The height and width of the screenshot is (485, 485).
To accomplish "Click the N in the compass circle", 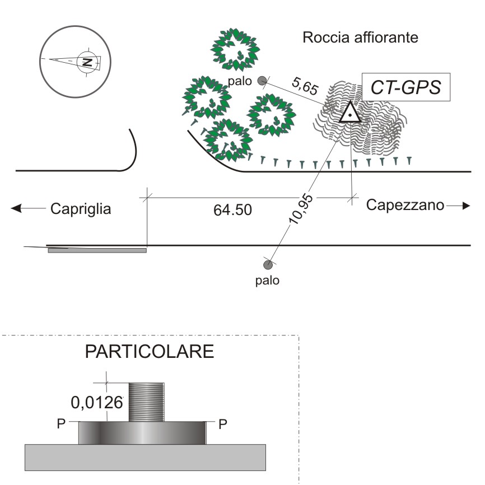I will pyautogui.click(x=86, y=61).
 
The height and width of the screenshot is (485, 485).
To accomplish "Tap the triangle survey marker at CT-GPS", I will pyautogui.click(x=350, y=113).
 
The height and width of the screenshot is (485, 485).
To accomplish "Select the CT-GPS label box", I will pyautogui.click(x=406, y=87).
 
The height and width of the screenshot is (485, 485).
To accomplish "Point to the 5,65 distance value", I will pyautogui.click(x=305, y=86).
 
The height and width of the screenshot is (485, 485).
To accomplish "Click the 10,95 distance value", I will pyautogui.click(x=301, y=208).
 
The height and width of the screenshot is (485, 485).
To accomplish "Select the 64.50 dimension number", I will pyautogui.click(x=233, y=211).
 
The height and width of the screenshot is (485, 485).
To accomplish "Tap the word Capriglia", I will pyautogui.click(x=81, y=209).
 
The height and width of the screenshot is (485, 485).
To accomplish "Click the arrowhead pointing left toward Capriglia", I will pyautogui.click(x=17, y=209).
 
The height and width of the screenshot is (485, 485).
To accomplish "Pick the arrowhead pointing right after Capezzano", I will pyautogui.click(x=465, y=206).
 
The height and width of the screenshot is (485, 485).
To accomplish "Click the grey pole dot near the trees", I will pyautogui.click(x=262, y=81).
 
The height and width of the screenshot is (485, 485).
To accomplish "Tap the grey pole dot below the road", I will pyautogui.click(x=268, y=264).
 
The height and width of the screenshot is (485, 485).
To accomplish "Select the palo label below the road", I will pyautogui.click(x=267, y=280).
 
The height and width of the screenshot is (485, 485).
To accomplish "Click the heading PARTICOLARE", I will pyautogui.click(x=150, y=353).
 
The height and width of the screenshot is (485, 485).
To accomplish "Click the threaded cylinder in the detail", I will pyautogui.click(x=146, y=402).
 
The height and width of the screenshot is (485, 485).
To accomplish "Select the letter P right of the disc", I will pyautogui.click(x=222, y=424).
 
